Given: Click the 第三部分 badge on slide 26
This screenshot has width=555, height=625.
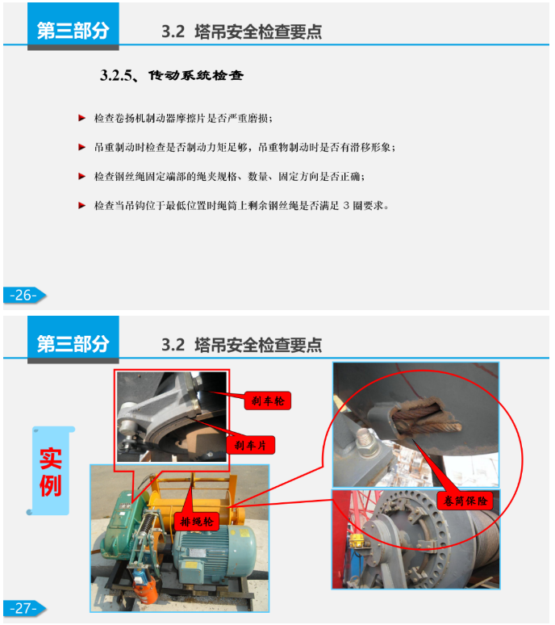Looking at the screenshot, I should tap(73, 30).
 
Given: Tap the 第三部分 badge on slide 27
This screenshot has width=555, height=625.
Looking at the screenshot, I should tap(73, 343).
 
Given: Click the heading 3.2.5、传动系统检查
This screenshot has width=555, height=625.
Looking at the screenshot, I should tap(171, 76).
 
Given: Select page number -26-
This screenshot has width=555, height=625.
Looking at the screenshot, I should tap(23, 296).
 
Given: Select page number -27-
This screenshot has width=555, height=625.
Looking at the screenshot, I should tap(23, 608).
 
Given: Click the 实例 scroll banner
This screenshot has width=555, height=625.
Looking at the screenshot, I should tap(51, 471).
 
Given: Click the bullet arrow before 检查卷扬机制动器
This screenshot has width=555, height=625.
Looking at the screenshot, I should tap(81, 119).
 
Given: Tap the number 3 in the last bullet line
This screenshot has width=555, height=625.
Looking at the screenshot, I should tap(345, 206).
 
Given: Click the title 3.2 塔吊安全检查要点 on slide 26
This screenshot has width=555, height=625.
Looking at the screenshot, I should tap(241, 31).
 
